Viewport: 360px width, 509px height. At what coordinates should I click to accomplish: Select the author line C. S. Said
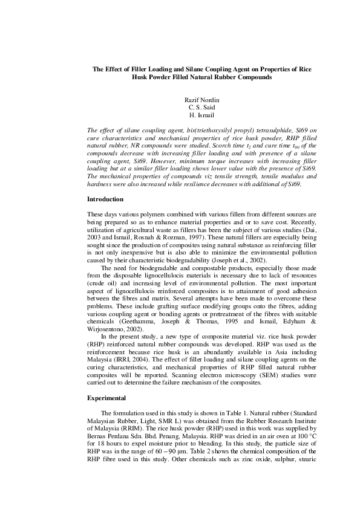[x=199, y=107]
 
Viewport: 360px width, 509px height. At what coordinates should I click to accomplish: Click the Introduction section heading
[x=105, y=199]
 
